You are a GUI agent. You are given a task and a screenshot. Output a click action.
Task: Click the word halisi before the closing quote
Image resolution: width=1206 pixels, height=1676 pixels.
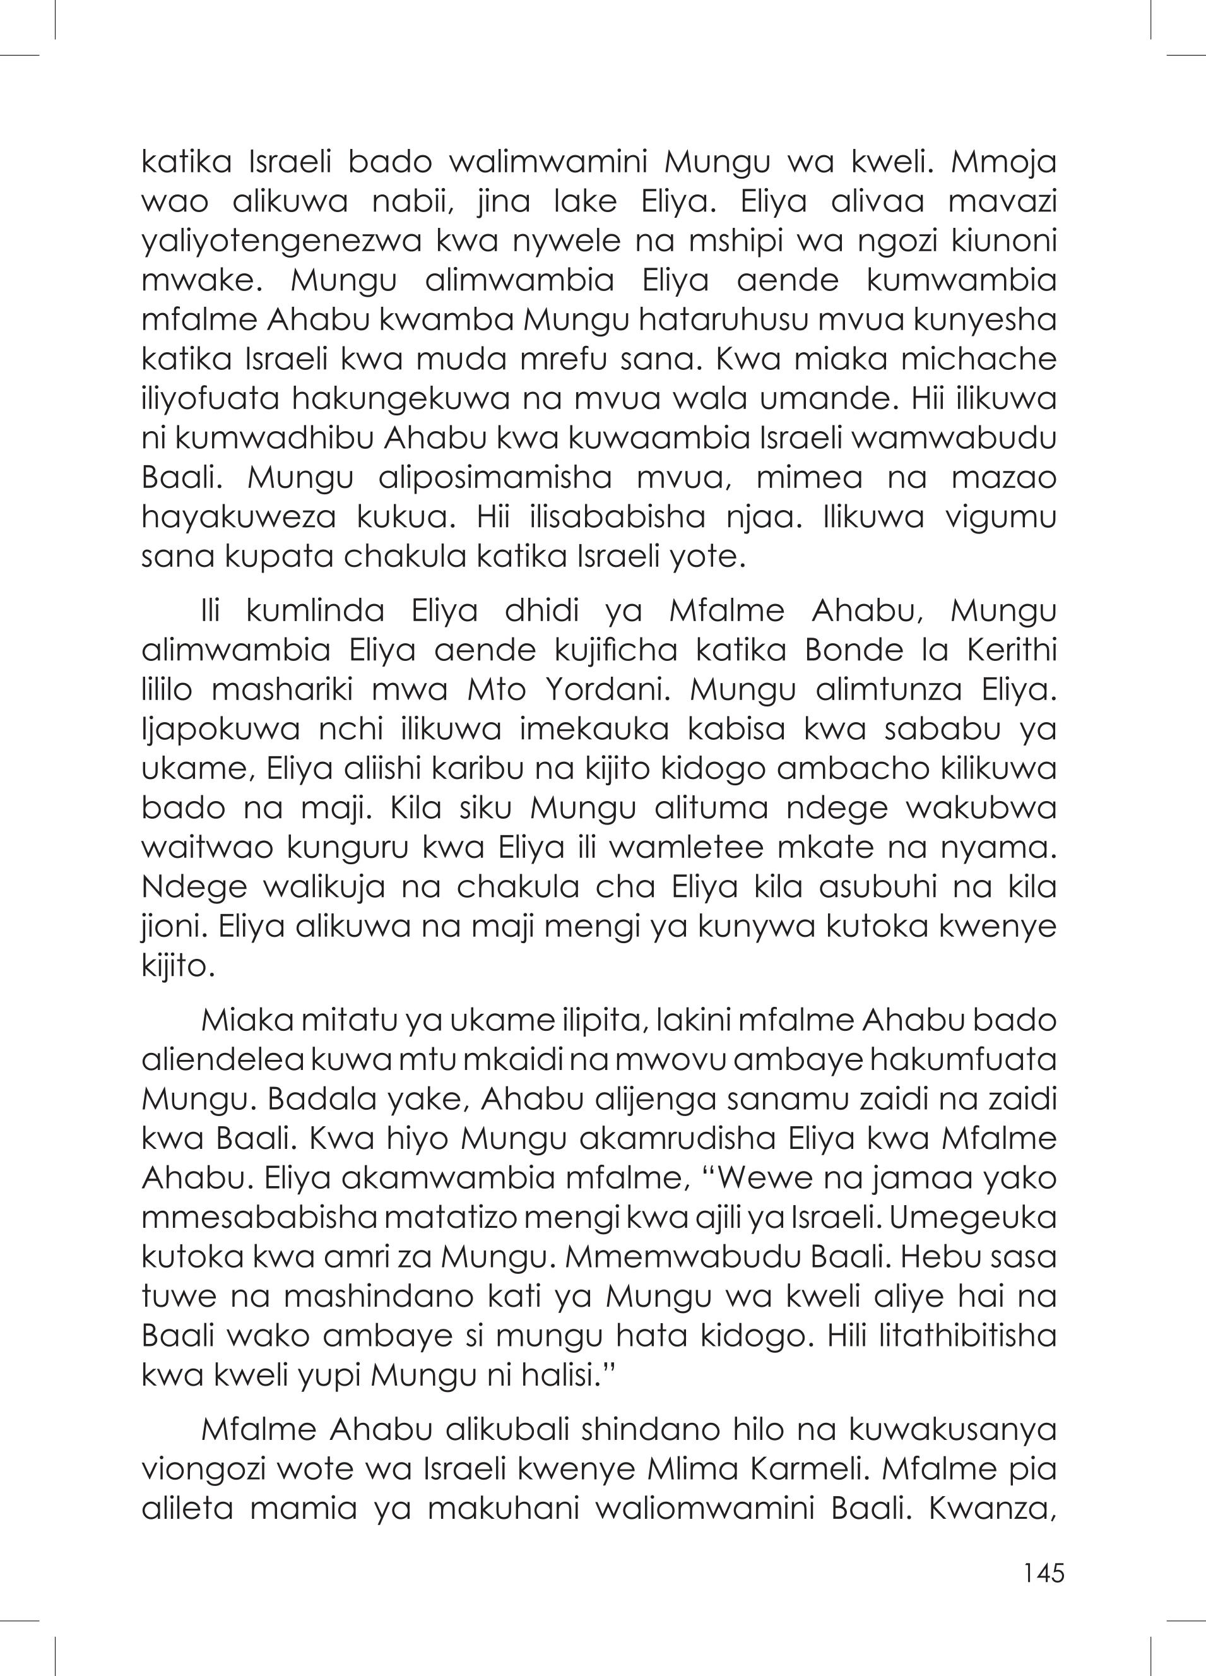click(x=561, y=1376)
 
